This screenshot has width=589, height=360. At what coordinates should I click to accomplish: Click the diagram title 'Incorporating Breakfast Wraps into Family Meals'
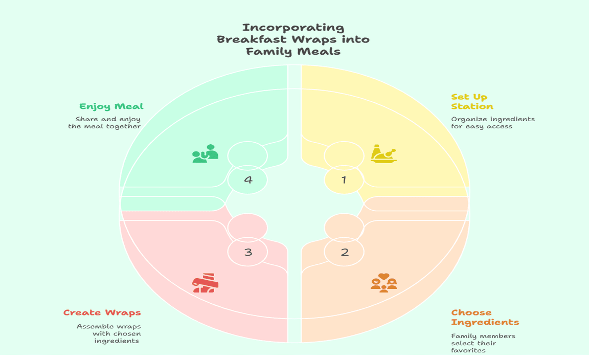pyautogui.click(x=293, y=39)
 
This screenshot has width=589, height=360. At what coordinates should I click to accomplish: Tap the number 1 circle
pyautogui.click(x=344, y=179)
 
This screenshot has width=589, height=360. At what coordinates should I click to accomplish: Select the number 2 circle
pyautogui.click(x=344, y=252)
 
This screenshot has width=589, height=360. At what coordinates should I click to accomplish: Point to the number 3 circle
pyautogui.click(x=247, y=252)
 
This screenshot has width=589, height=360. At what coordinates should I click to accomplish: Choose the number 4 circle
pyautogui.click(x=247, y=179)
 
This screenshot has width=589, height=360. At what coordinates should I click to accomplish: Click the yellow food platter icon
pyautogui.click(x=383, y=154)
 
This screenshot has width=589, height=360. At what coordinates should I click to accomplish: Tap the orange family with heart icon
pyautogui.click(x=384, y=282)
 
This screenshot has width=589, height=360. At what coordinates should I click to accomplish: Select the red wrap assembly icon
pyautogui.click(x=206, y=283)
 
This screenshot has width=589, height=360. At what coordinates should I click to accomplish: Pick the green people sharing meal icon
pyautogui.click(x=205, y=154)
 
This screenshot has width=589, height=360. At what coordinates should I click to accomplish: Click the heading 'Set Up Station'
pyautogui.click(x=472, y=101)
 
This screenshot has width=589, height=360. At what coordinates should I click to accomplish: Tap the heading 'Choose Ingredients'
pyautogui.click(x=485, y=317)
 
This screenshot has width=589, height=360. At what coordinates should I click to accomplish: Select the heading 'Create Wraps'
pyautogui.click(x=102, y=312)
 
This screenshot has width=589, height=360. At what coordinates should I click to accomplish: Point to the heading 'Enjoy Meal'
pyautogui.click(x=111, y=106)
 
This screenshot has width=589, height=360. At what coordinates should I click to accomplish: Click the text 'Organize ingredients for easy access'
pyautogui.click(x=492, y=123)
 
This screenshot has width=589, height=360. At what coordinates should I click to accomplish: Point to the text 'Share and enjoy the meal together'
pyautogui.click(x=105, y=123)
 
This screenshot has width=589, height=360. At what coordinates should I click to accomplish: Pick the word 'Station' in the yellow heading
pyautogui.click(x=472, y=106)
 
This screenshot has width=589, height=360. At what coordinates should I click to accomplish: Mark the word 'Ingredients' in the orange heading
pyautogui.click(x=485, y=322)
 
